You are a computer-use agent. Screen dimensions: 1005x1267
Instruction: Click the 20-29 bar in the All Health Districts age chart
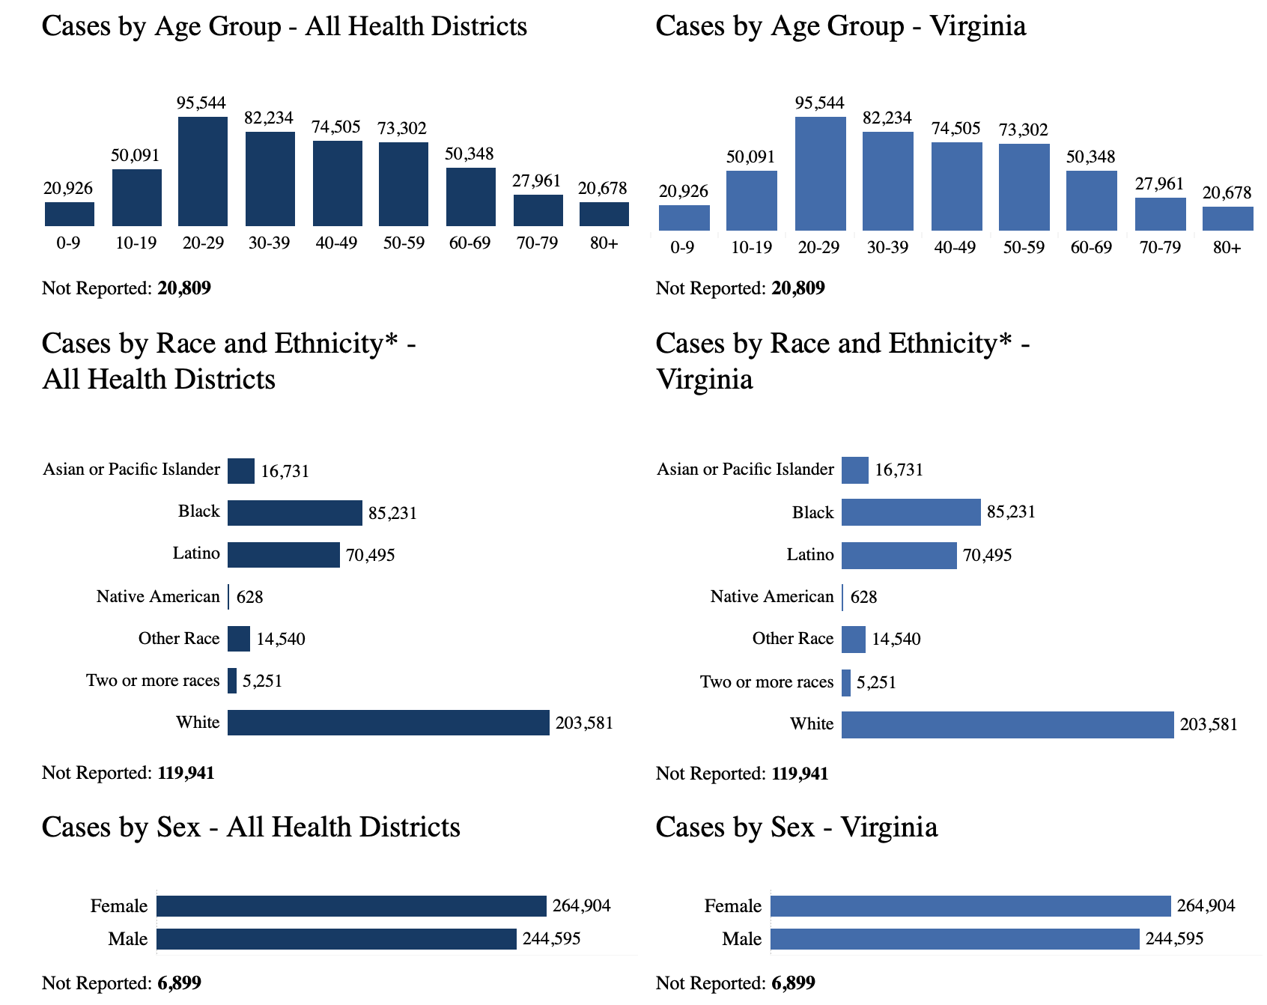[203, 171]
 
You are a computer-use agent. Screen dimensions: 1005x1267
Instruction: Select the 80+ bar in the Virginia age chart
[1227, 218]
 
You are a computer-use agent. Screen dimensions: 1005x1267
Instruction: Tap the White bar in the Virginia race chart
[1007, 724]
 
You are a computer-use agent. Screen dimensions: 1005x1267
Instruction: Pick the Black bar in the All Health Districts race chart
[294, 513]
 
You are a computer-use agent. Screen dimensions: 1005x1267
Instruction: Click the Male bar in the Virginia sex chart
[955, 939]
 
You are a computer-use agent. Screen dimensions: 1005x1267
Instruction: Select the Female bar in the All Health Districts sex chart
[351, 906]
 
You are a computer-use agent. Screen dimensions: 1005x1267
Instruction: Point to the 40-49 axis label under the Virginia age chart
[955, 248]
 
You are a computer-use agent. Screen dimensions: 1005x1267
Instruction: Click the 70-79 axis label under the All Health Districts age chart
[537, 243]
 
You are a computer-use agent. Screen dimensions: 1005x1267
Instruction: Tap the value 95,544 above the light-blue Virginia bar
[819, 103]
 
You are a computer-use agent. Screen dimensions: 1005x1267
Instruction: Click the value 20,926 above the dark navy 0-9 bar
[68, 189]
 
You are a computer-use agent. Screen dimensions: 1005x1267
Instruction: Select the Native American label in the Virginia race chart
[771, 597]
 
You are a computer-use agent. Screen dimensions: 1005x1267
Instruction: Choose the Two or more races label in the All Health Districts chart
[153, 681]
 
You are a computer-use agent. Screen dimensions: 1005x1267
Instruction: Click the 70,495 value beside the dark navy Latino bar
[370, 555]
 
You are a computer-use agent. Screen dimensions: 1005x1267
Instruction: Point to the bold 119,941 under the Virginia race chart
[800, 773]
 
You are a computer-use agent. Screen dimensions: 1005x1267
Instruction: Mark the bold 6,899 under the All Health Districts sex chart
[179, 983]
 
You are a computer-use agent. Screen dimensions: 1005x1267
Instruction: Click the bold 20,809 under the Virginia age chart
[797, 288]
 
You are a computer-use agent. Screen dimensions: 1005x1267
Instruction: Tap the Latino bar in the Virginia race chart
[899, 556]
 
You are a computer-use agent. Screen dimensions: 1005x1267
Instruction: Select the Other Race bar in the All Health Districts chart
[239, 639]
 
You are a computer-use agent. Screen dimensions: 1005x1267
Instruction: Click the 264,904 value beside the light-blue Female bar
[1206, 906]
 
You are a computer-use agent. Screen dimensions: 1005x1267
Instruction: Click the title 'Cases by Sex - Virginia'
[796, 828]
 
